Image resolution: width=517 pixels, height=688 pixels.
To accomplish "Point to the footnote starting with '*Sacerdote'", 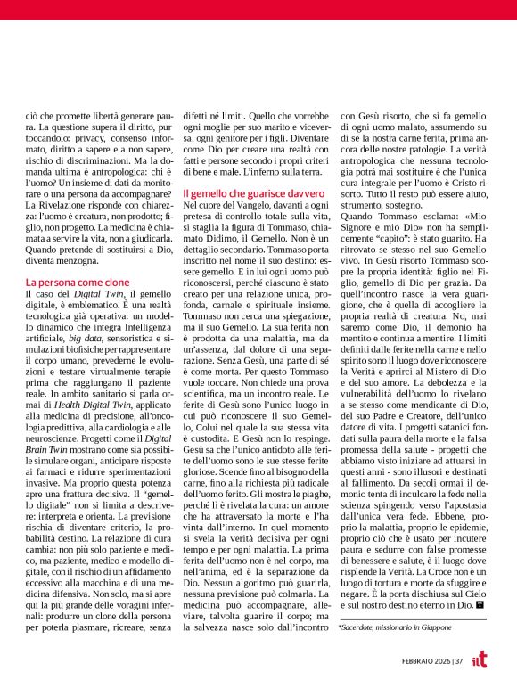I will (x=392, y=627).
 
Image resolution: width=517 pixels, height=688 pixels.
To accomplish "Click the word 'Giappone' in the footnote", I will (x=429, y=627).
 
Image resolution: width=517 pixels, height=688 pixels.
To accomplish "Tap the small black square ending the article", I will (x=481, y=606).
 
